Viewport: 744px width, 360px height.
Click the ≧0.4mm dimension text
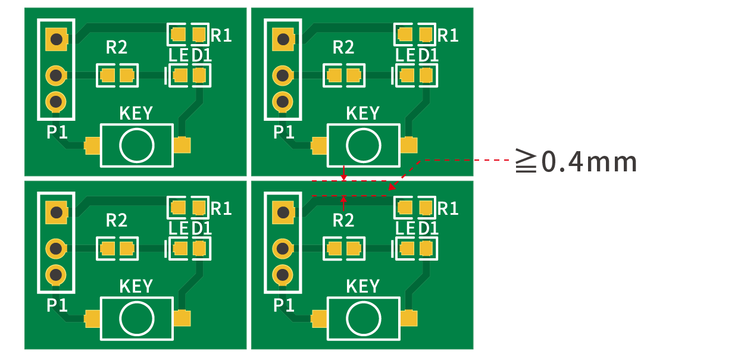tap(576, 161)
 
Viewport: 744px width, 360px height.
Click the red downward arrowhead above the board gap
tap(343, 177)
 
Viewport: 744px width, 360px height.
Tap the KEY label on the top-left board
tap(136, 113)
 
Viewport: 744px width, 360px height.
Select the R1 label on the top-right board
tap(448, 36)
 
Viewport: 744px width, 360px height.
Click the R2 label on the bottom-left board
tap(117, 221)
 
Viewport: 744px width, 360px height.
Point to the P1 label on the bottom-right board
tap(284, 305)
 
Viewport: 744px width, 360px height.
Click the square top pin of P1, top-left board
tap(57, 40)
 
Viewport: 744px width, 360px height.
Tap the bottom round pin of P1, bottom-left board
tap(57, 274)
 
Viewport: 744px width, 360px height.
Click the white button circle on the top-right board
tap(363, 145)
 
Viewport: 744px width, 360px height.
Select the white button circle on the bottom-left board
tap(136, 318)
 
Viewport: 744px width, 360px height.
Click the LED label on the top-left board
tap(179, 56)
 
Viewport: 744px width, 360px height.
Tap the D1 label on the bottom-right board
tap(429, 228)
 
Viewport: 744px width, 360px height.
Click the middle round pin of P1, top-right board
tap(283, 76)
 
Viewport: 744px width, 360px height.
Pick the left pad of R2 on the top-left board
tap(108, 76)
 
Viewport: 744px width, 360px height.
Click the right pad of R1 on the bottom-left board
tap(198, 208)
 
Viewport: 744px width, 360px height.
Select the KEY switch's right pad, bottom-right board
tap(409, 319)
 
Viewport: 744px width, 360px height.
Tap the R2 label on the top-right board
tap(343, 47)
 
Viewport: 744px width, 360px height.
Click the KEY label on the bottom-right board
tap(362, 287)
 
